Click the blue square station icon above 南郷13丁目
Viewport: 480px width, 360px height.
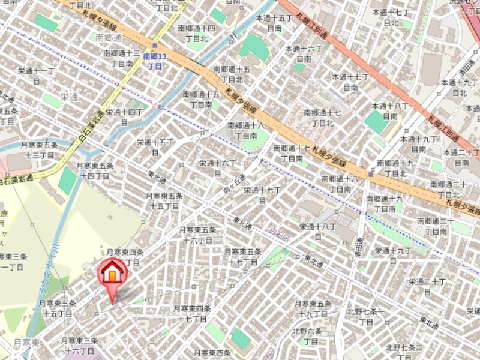155,46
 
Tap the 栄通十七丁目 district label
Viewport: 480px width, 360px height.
262,195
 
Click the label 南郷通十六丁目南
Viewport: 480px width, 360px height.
245,131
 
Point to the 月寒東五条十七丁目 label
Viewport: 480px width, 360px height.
243,257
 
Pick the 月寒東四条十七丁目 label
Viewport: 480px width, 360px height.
192,314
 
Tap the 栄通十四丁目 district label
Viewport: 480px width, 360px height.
125,116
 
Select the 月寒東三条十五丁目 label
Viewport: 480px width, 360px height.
58,308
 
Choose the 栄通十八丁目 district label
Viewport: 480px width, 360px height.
317,231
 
